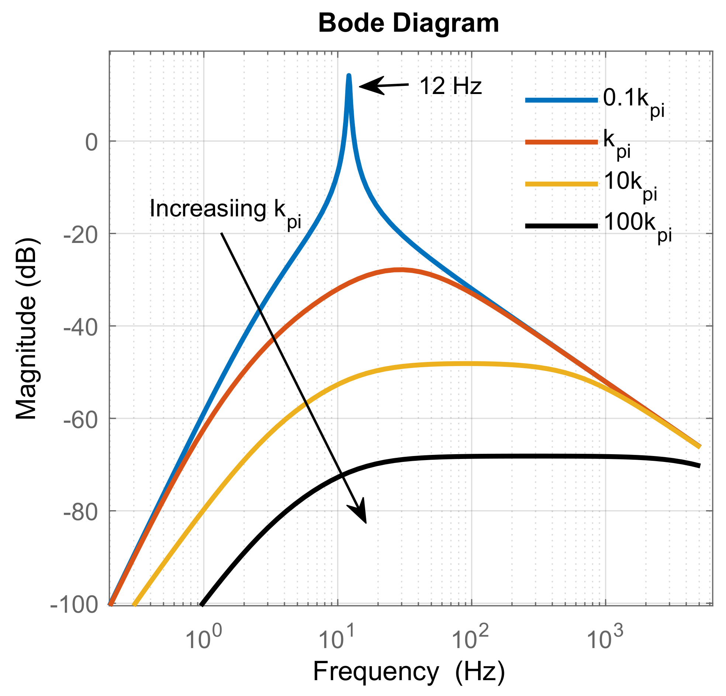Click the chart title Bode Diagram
pos(409,23)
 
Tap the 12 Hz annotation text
pos(450,86)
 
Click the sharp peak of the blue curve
pos(349,76)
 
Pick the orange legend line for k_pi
pos(561,142)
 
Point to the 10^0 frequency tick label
pos(203,638)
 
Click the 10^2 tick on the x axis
pos(470,638)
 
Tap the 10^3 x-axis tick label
pos(605,638)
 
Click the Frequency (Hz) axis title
pos(409,671)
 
